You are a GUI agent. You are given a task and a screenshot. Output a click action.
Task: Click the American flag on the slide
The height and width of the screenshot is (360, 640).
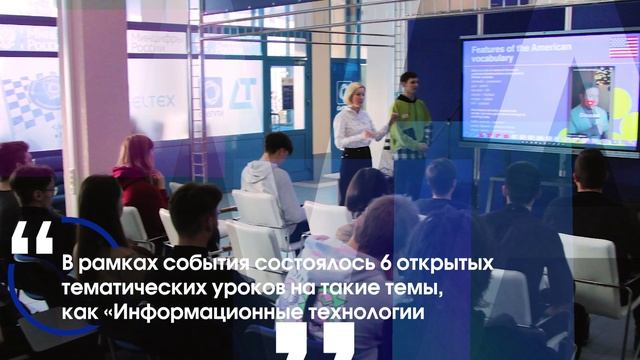[x=623, y=48]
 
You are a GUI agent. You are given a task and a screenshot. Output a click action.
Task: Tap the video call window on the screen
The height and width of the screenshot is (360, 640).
[x=589, y=102]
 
